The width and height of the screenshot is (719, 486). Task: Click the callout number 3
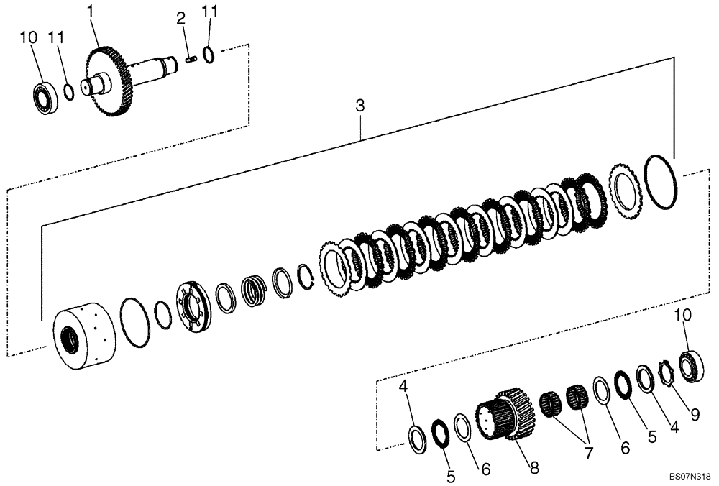pyautogui.click(x=359, y=106)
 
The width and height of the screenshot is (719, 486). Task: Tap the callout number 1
pyautogui.click(x=90, y=12)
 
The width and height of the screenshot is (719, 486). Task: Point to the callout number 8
pyautogui.click(x=533, y=467)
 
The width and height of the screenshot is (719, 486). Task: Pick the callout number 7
pyautogui.click(x=589, y=454)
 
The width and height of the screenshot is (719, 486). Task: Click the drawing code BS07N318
pyautogui.click(x=689, y=476)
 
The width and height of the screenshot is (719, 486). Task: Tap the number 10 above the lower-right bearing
pyautogui.click(x=682, y=316)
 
